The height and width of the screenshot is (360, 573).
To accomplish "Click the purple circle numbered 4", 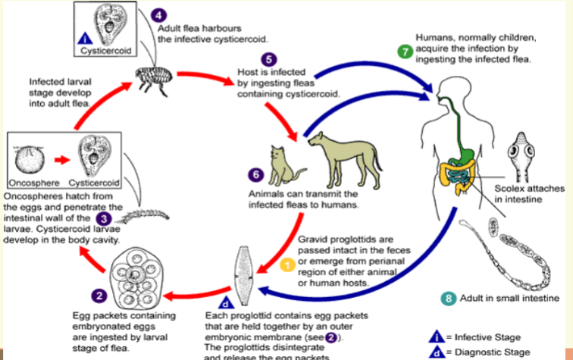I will pyautogui.click(x=158, y=15).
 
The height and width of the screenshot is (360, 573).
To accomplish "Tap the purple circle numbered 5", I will pyautogui.click(x=267, y=59).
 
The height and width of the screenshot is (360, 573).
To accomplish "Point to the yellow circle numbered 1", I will pyautogui.click(x=287, y=264).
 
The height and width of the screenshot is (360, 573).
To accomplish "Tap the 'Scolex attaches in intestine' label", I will pyautogui.click(x=521, y=193).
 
